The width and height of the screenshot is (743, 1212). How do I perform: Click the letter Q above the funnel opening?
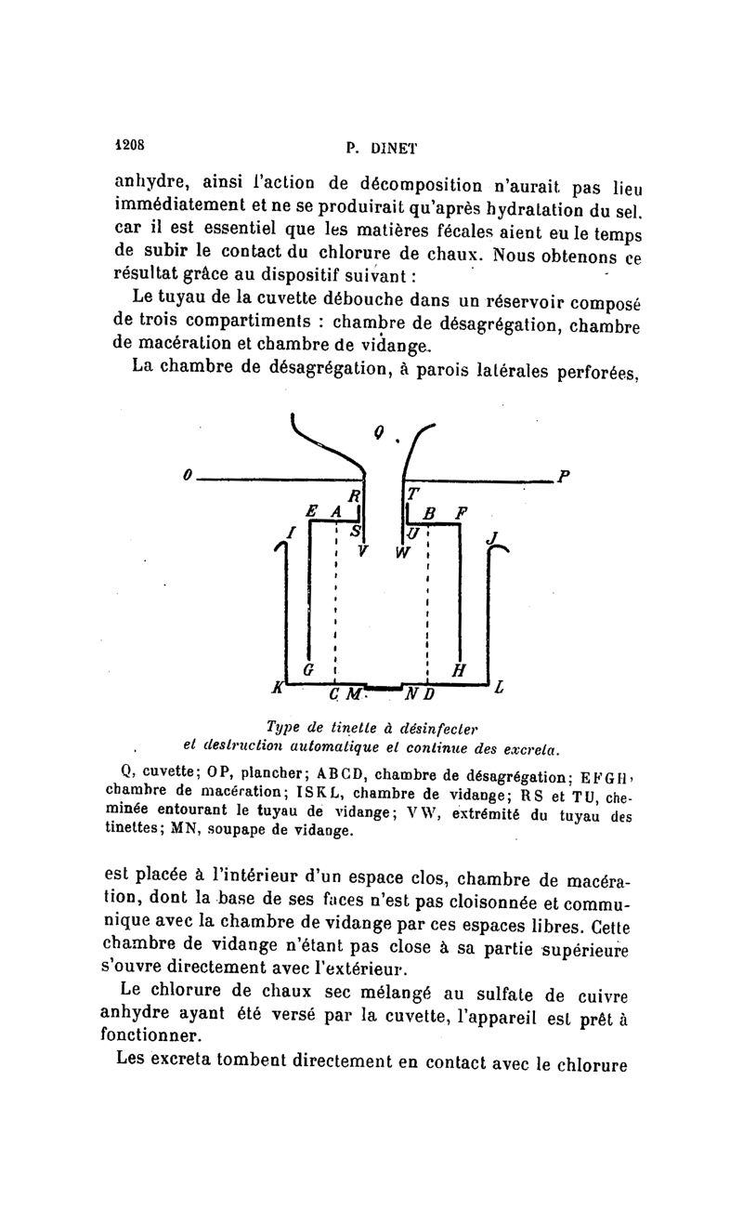tap(378, 430)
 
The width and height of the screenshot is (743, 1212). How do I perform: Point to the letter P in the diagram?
tap(564, 476)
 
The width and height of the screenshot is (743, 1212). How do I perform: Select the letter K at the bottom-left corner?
tap(276, 688)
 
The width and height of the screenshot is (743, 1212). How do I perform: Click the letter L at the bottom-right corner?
tap(500, 689)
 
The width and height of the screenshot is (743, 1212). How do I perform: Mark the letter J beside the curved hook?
tap(492, 538)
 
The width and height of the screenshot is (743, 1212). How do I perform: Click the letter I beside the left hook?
tap(291, 533)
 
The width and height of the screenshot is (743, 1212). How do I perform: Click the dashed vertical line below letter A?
tap(333, 604)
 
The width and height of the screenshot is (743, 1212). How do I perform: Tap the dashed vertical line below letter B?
tap(427, 604)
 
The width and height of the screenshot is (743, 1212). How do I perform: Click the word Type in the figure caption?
tap(282, 726)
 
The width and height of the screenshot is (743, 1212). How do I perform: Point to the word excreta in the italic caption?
tap(530, 746)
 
